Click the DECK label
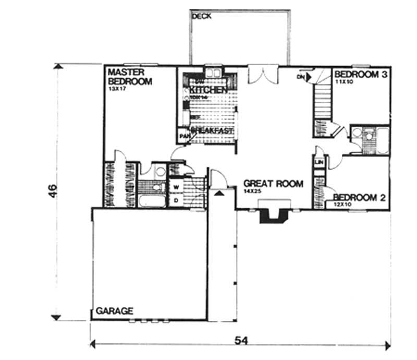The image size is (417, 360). [x=201, y=16]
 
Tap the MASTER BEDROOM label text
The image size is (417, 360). [x=129, y=77]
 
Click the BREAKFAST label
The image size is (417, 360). [x=212, y=130]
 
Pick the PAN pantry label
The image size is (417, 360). [x=183, y=137]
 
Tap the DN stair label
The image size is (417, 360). [x=300, y=77]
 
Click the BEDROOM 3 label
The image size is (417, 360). [x=361, y=75]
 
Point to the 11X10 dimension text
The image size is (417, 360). [x=345, y=82]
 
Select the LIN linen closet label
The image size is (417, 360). [x=318, y=163]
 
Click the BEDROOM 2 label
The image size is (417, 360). [x=359, y=197]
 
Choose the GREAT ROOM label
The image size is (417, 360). [x=273, y=184]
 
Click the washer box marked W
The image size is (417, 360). [x=176, y=186]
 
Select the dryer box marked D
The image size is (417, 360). [x=176, y=199]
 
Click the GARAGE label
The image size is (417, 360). [x=114, y=310]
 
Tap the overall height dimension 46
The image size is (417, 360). [x=52, y=193]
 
